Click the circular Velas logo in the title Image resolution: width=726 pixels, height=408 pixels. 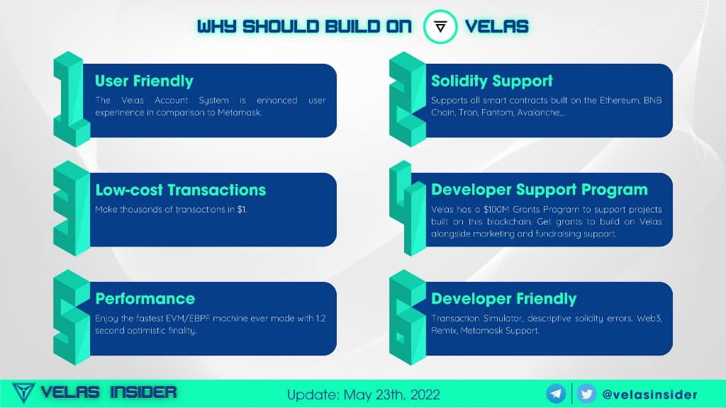click(440, 27)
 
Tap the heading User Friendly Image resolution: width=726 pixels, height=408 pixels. click(144, 81)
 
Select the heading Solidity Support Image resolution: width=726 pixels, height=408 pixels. click(492, 81)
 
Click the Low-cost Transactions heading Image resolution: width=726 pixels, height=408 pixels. click(181, 190)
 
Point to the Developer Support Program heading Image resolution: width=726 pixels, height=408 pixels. click(540, 190)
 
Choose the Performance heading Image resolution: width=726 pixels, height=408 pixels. click(145, 299)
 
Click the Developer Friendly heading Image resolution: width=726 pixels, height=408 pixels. click(504, 299)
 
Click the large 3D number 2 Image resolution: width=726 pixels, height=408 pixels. click(408, 99)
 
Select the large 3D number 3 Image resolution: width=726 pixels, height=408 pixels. click(72, 208)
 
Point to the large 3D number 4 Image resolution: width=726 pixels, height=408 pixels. click(408, 208)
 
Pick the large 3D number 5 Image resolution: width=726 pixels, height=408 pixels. click(72, 317)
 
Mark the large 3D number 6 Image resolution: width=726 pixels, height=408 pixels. click(408, 317)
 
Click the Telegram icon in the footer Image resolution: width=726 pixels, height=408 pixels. click(556, 394)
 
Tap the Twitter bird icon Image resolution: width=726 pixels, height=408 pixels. click(586, 394)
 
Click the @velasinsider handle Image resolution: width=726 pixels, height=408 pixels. click(649, 395)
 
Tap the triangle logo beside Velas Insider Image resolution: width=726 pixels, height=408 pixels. click(23, 392)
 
